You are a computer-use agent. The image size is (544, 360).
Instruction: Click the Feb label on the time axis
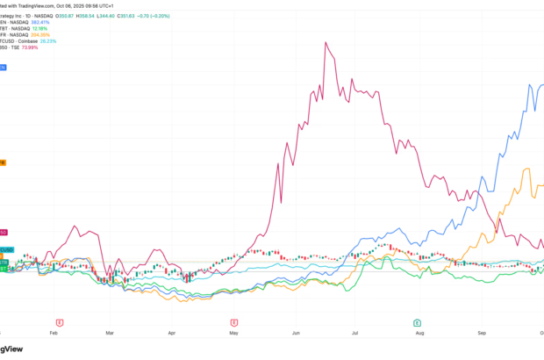[x=54, y=335]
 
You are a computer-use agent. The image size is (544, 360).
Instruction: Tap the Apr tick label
[x=173, y=335]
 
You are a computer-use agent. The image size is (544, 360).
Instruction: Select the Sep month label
[x=482, y=335]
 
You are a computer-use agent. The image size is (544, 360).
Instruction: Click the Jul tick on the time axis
[x=356, y=335]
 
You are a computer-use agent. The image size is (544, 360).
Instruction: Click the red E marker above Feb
[x=59, y=322]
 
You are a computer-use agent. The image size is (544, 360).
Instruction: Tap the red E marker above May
[x=234, y=322]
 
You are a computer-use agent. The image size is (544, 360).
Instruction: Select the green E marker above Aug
[x=417, y=322]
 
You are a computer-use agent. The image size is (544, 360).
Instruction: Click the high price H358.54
[x=88, y=15]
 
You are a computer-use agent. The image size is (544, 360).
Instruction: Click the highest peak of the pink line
[x=326, y=42]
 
